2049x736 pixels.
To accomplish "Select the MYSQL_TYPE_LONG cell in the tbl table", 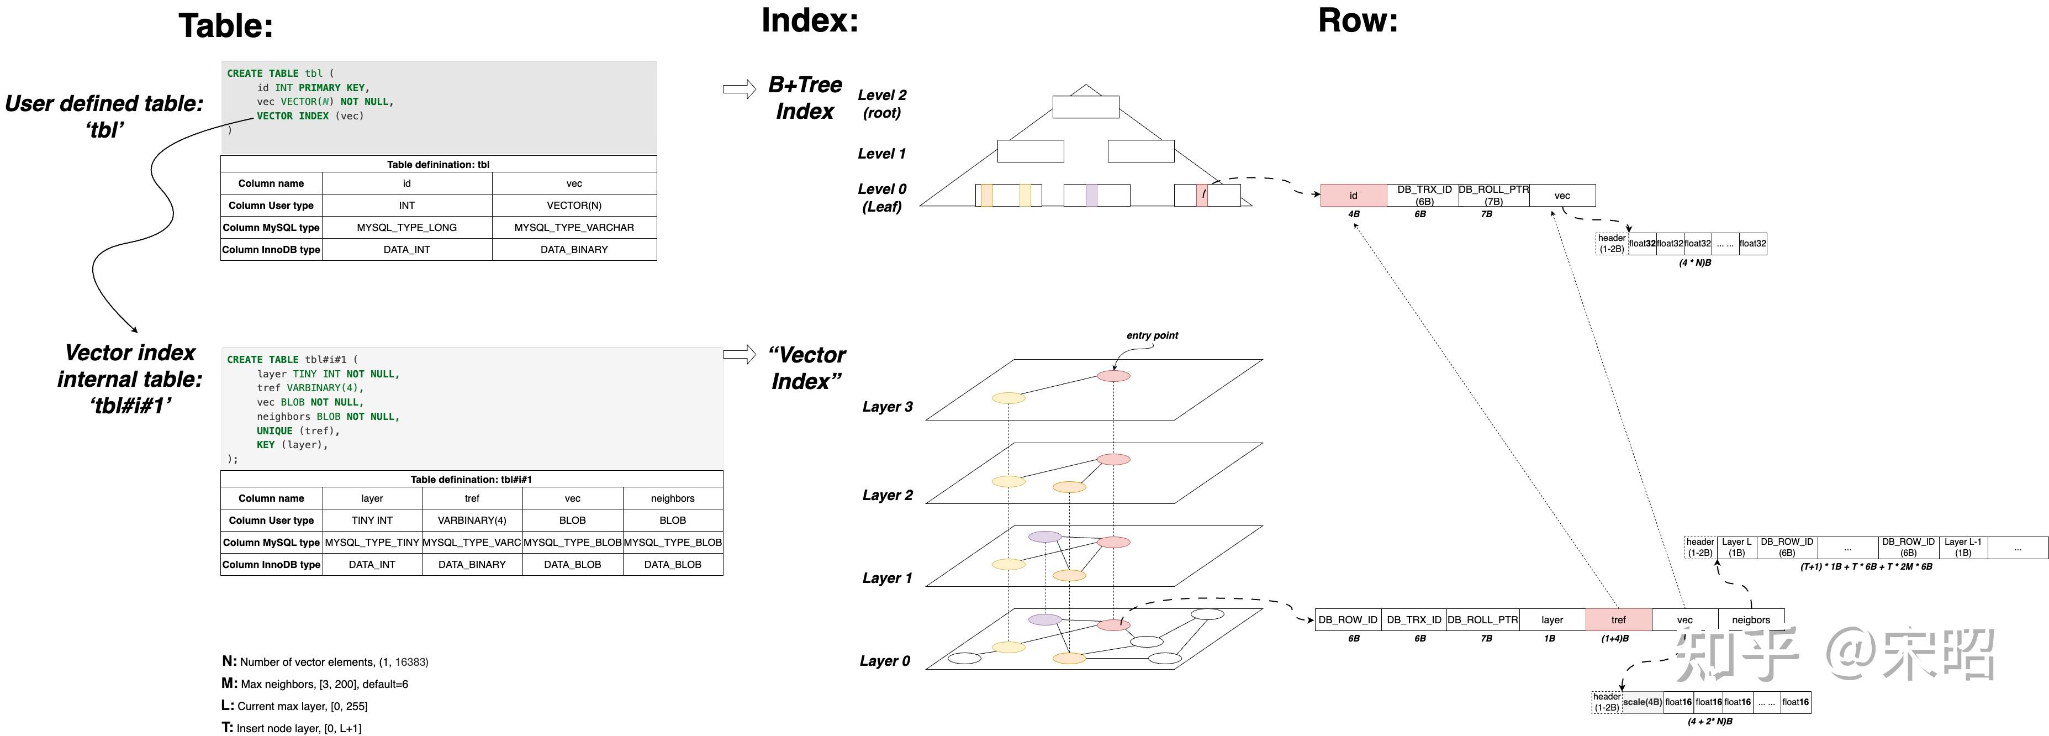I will pyautogui.click(x=406, y=228).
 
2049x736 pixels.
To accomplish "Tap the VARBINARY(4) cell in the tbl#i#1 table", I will pyautogui.click(x=472, y=521).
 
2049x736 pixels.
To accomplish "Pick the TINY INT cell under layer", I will pyautogui.click(x=372, y=521).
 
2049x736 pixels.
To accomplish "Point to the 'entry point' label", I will pyautogui.click(x=1152, y=335).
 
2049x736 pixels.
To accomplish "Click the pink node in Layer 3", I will pyautogui.click(x=1113, y=376).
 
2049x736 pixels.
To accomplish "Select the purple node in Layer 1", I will pyautogui.click(x=1044, y=537).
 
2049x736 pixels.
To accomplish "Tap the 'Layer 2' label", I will pyautogui.click(x=887, y=495).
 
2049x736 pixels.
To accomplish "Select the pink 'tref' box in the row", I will pyautogui.click(x=1618, y=620).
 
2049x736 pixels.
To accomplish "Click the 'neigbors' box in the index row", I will pyautogui.click(x=1751, y=620).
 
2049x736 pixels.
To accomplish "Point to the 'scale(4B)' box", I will pyautogui.click(x=1642, y=702).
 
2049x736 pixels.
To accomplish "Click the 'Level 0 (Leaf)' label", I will pyautogui.click(x=881, y=197).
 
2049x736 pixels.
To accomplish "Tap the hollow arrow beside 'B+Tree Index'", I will pyautogui.click(x=739, y=89).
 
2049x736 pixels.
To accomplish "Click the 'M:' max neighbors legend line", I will pyautogui.click(x=315, y=684).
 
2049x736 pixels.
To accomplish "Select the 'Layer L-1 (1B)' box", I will pyautogui.click(x=1962, y=548).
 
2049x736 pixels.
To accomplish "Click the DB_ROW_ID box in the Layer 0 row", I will pyautogui.click(x=1348, y=620).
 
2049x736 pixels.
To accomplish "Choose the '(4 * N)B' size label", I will pyautogui.click(x=1694, y=262).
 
